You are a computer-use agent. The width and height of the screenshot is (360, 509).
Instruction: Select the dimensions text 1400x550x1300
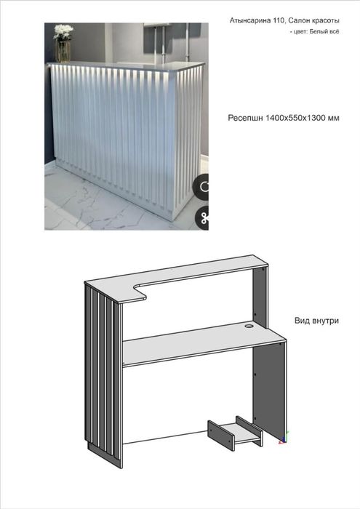(x=294, y=118)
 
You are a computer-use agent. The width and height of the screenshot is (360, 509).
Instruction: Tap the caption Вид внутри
(x=316, y=321)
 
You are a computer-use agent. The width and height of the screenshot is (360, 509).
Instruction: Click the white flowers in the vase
(x=63, y=32)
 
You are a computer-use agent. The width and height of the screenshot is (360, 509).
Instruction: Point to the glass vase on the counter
(x=63, y=52)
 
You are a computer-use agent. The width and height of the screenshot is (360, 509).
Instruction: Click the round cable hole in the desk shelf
(x=249, y=325)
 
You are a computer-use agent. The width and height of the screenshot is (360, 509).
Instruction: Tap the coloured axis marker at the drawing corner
(x=284, y=438)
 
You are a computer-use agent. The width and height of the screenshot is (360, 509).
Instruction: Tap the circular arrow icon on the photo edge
(x=202, y=186)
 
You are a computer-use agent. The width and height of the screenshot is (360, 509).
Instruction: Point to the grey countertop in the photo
(x=127, y=66)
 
